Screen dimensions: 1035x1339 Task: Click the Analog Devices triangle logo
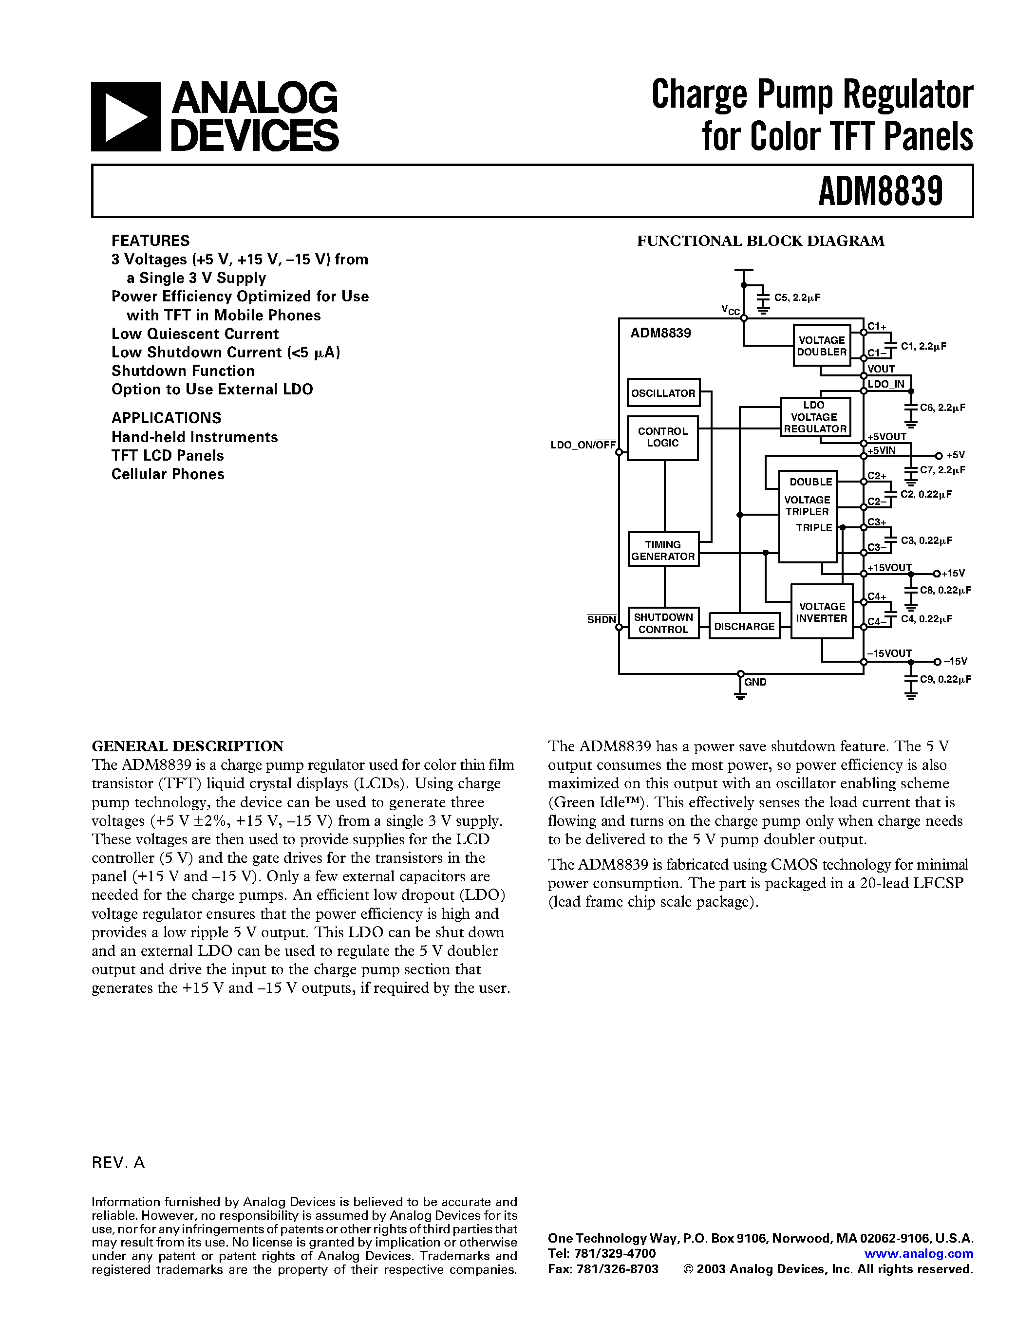(x=126, y=116)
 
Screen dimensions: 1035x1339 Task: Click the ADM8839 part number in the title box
(x=880, y=191)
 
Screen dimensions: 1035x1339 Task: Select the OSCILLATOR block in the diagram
(x=663, y=393)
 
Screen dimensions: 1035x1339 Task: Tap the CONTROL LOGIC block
(x=663, y=437)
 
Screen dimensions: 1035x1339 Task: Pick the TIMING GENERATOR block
(x=663, y=550)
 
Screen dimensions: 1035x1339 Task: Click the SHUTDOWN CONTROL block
(x=663, y=623)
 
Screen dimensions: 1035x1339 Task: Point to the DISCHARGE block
(x=744, y=626)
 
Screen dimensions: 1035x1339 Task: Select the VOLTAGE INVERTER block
(x=822, y=612)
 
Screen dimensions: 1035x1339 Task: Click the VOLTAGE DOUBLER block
(x=822, y=346)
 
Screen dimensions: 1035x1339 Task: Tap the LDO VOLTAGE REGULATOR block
(x=815, y=417)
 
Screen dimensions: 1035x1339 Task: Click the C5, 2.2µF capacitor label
(x=797, y=298)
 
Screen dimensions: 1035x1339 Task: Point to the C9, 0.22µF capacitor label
(x=945, y=679)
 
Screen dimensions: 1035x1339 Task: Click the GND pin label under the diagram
(x=755, y=682)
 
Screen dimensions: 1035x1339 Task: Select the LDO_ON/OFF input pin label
(x=583, y=445)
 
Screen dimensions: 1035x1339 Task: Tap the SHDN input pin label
(x=601, y=620)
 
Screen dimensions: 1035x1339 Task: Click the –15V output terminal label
(x=955, y=662)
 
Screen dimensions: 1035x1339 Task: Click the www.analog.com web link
(x=919, y=1254)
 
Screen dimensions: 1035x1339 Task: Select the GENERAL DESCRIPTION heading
(x=188, y=746)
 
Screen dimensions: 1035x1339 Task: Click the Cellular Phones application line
(x=168, y=474)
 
